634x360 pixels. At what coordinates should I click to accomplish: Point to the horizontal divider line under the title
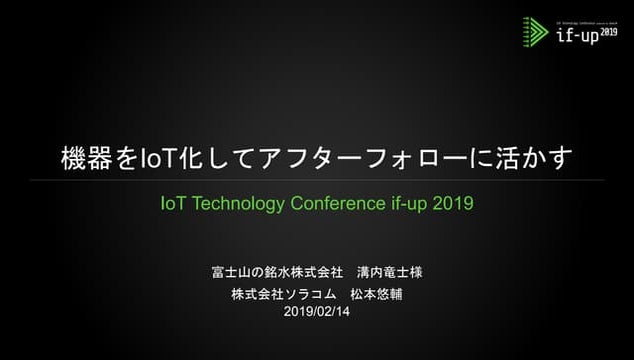point(316,181)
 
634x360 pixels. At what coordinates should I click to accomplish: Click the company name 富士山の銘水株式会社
point(277,273)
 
